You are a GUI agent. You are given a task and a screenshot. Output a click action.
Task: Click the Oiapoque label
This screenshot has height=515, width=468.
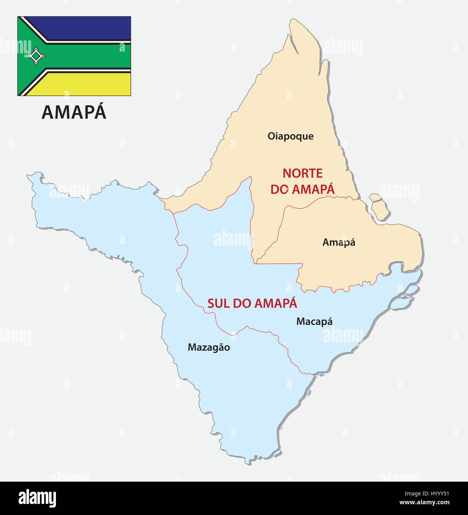pos(291,136)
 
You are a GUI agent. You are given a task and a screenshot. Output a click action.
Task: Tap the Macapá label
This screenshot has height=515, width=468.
pos(314,322)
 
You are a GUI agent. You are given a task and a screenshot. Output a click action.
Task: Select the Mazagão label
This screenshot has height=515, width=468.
pos(209,348)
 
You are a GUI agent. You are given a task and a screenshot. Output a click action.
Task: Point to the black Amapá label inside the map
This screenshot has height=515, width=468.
pos(339,242)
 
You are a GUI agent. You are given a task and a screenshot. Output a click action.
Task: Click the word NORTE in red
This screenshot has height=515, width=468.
pos(302,173)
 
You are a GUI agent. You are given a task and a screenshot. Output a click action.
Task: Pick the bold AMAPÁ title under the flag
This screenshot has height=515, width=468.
pos(74,112)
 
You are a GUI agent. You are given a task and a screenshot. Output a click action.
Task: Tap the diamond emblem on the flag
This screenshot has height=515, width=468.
pos(36,56)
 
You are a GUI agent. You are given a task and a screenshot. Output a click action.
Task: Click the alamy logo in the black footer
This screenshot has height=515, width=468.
pos(37,498)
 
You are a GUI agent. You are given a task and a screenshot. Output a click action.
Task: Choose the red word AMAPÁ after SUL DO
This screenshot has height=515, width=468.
pos(276,303)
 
